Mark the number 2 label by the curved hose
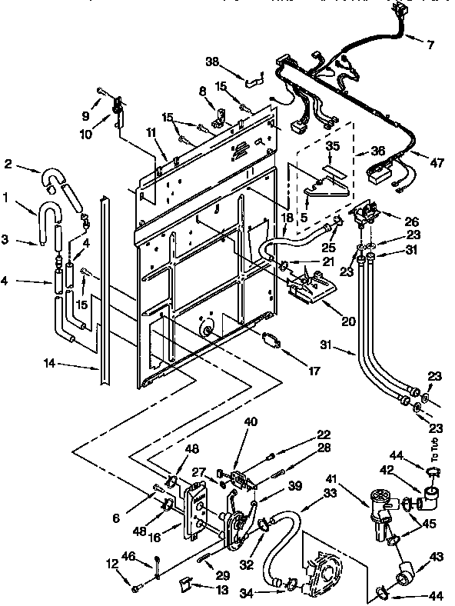click(x=8, y=164)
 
